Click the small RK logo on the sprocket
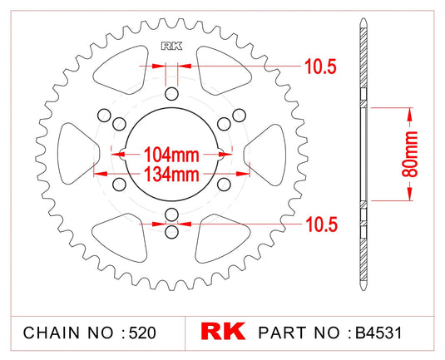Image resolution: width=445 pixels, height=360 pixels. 172,46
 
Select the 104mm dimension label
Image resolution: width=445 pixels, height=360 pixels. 171,154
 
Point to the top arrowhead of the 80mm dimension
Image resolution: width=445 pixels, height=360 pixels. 408,109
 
